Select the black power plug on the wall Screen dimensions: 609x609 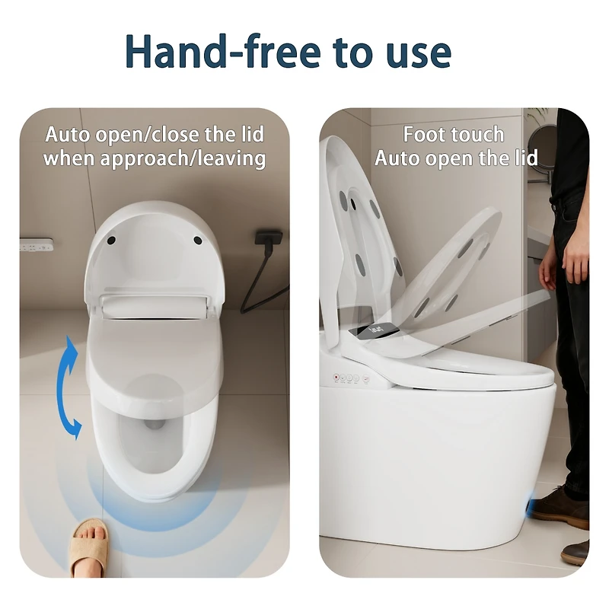tap(266, 239)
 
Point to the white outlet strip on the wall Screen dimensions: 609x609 tap(37, 245)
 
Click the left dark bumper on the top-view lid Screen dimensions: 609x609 tap(113, 239)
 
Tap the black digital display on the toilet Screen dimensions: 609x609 tap(379, 330)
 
